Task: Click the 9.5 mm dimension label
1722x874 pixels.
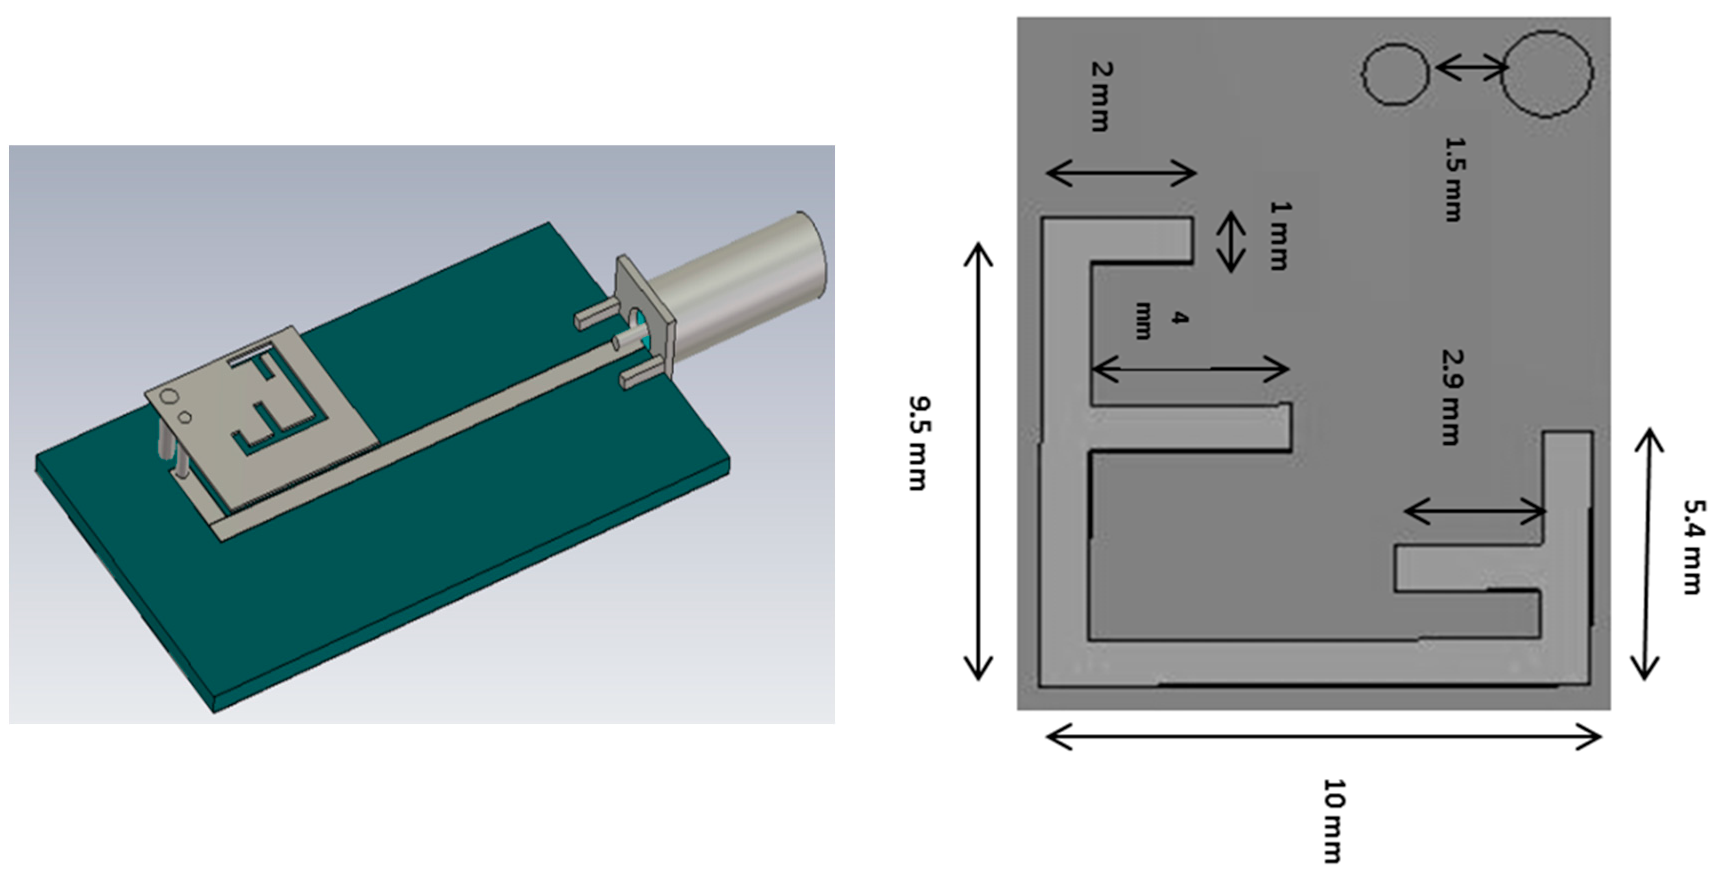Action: pyautogui.click(x=918, y=443)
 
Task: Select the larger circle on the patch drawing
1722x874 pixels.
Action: pyautogui.click(x=1546, y=74)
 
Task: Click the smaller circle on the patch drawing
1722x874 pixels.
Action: pyautogui.click(x=1396, y=74)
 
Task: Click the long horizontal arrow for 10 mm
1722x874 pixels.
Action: pyautogui.click(x=1324, y=737)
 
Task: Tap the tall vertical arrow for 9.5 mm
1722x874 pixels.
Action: pyautogui.click(x=978, y=461)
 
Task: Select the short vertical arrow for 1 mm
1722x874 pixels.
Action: pyautogui.click(x=1231, y=241)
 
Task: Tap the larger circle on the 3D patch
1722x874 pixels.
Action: pyautogui.click(x=170, y=397)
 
